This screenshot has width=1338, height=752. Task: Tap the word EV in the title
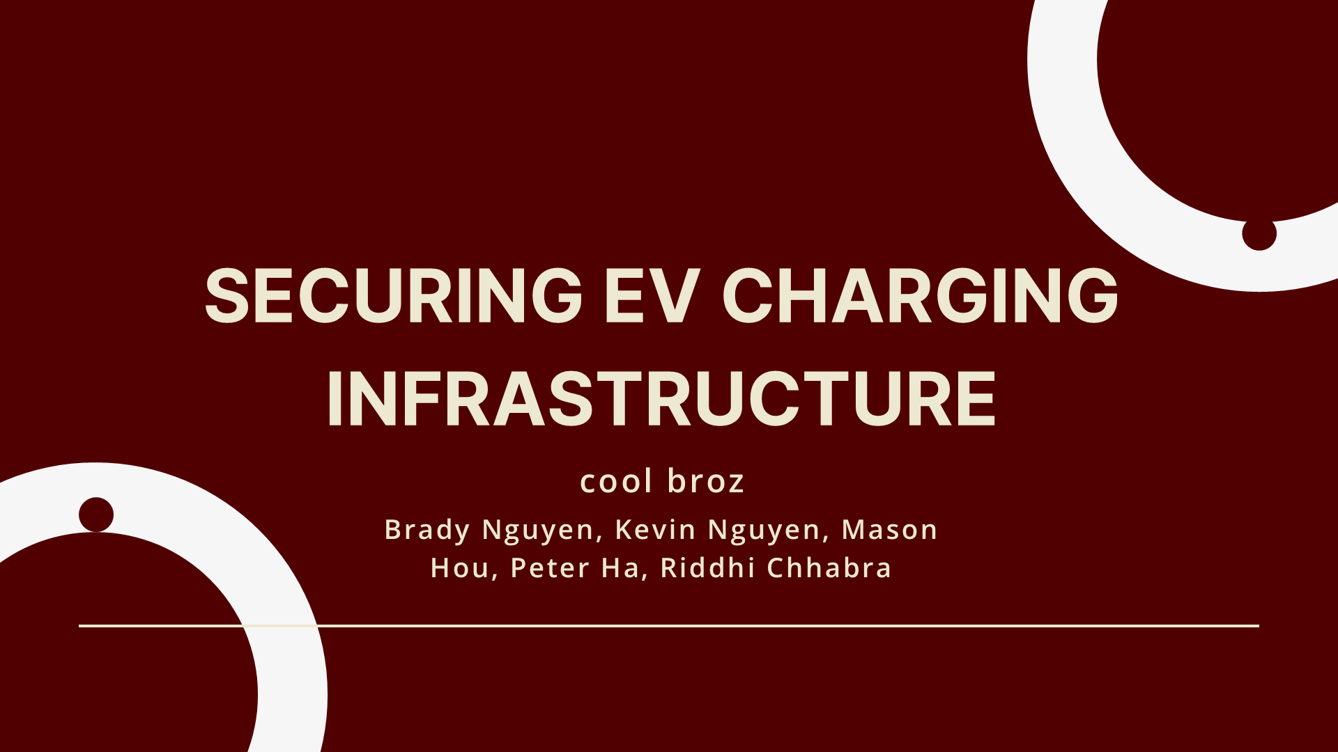coord(651,296)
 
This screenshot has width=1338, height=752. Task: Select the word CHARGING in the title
coord(920,296)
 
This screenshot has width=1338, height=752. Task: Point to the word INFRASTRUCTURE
coord(661,398)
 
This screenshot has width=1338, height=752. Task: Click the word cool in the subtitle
coord(617,481)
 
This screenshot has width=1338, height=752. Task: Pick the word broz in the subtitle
coord(706,481)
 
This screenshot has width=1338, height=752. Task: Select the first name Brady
coord(427,531)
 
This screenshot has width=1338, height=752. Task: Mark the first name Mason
coord(890,529)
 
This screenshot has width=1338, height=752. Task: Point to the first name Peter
coord(550,568)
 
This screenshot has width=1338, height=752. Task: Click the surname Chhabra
coord(829,567)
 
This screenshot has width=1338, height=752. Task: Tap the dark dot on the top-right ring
coord(1259,233)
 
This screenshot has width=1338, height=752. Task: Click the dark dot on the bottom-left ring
coord(96,515)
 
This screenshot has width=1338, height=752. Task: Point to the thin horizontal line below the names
coord(669,626)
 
